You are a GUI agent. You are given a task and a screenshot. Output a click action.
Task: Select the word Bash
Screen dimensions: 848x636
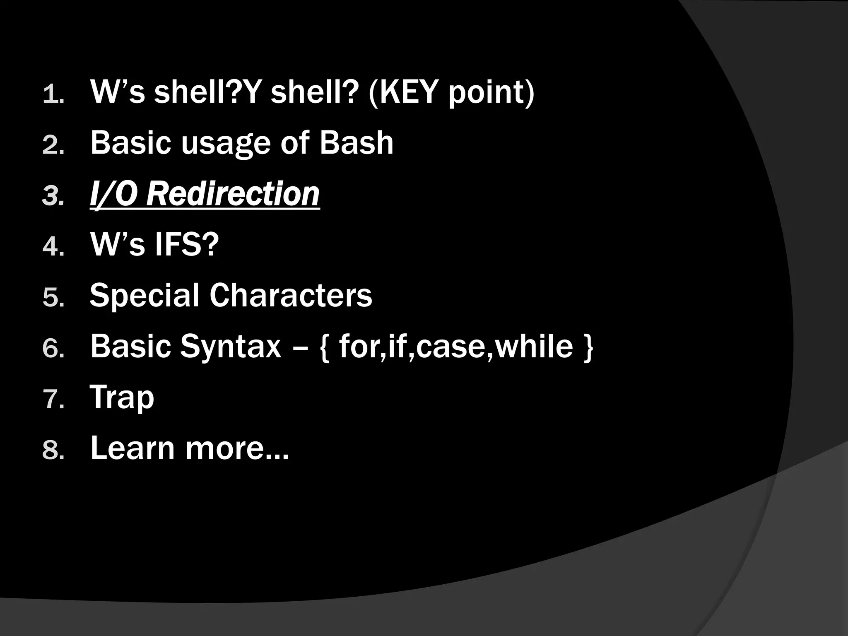tap(356, 143)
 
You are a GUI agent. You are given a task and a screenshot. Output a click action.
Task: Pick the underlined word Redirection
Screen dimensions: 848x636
tap(233, 194)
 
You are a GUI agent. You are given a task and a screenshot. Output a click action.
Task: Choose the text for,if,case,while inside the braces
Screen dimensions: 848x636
tap(456, 347)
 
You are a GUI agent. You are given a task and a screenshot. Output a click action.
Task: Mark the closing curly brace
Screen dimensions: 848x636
tap(588, 348)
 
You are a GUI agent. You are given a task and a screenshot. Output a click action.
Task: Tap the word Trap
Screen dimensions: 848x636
tap(122, 397)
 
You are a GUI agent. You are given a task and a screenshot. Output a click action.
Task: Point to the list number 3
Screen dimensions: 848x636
tap(53, 196)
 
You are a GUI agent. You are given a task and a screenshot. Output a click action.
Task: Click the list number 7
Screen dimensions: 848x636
tap(53, 400)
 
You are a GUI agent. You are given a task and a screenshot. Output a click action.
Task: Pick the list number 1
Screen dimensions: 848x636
tap(53, 94)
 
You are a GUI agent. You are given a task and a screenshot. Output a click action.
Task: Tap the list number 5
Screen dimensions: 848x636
tap(53, 298)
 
